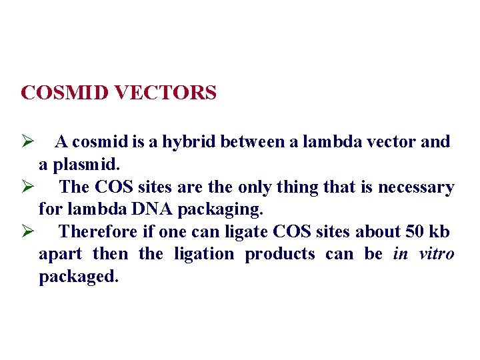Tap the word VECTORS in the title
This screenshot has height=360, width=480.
(x=165, y=93)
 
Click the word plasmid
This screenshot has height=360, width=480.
(x=89, y=164)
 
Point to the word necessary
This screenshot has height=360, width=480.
(x=416, y=187)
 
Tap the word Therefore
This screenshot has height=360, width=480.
(x=98, y=232)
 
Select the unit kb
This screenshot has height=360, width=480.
(x=441, y=232)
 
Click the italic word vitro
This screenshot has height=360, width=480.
(x=437, y=254)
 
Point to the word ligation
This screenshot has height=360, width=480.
(x=204, y=254)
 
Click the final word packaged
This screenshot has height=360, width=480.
(x=78, y=277)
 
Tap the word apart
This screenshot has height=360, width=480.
(x=60, y=255)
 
